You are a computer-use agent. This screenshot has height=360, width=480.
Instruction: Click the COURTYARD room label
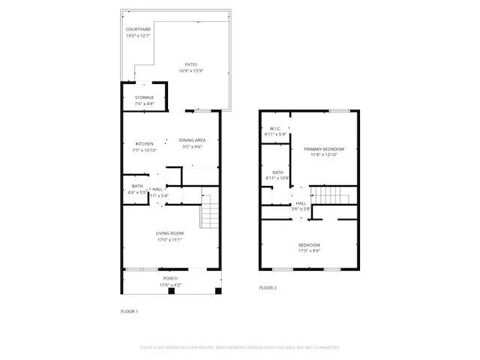point(137,29)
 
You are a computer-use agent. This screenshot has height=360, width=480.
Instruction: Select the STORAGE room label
point(144,97)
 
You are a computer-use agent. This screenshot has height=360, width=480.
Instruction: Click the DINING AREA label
point(192,140)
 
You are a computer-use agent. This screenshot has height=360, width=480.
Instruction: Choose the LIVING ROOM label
point(169,233)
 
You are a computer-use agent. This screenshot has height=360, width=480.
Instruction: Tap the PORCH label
point(169,279)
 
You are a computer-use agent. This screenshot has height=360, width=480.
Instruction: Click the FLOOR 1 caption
point(129,310)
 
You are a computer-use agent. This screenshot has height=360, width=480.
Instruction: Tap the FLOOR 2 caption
point(268,288)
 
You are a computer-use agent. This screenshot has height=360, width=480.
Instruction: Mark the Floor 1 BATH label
point(137,186)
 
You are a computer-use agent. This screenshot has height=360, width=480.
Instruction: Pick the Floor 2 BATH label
point(277,172)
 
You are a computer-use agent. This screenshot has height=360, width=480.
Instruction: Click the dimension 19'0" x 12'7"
point(137,34)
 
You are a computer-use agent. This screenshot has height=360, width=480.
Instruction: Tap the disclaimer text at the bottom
point(240,347)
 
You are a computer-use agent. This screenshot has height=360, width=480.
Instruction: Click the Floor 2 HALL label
point(300,203)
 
